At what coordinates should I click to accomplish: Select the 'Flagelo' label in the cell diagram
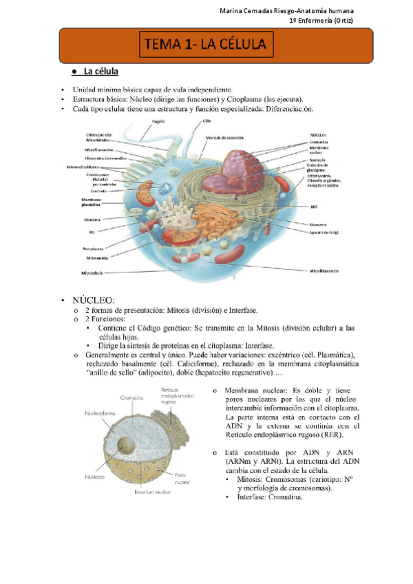[x=158, y=121]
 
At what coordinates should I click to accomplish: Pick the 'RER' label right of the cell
[x=314, y=206]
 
